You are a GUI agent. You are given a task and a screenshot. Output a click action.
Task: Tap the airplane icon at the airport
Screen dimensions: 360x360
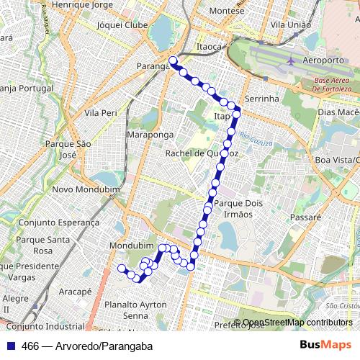pos(291,60)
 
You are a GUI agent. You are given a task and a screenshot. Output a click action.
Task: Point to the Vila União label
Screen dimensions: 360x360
pos(290,24)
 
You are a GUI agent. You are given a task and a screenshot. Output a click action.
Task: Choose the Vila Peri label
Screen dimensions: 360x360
pos(101,113)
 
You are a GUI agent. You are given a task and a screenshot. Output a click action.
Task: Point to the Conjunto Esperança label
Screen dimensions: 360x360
pos(59,222)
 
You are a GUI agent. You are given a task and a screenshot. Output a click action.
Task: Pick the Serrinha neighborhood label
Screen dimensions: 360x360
pos(261,98)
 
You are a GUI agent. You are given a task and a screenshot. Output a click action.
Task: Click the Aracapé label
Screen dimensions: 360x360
pos(75,292)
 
